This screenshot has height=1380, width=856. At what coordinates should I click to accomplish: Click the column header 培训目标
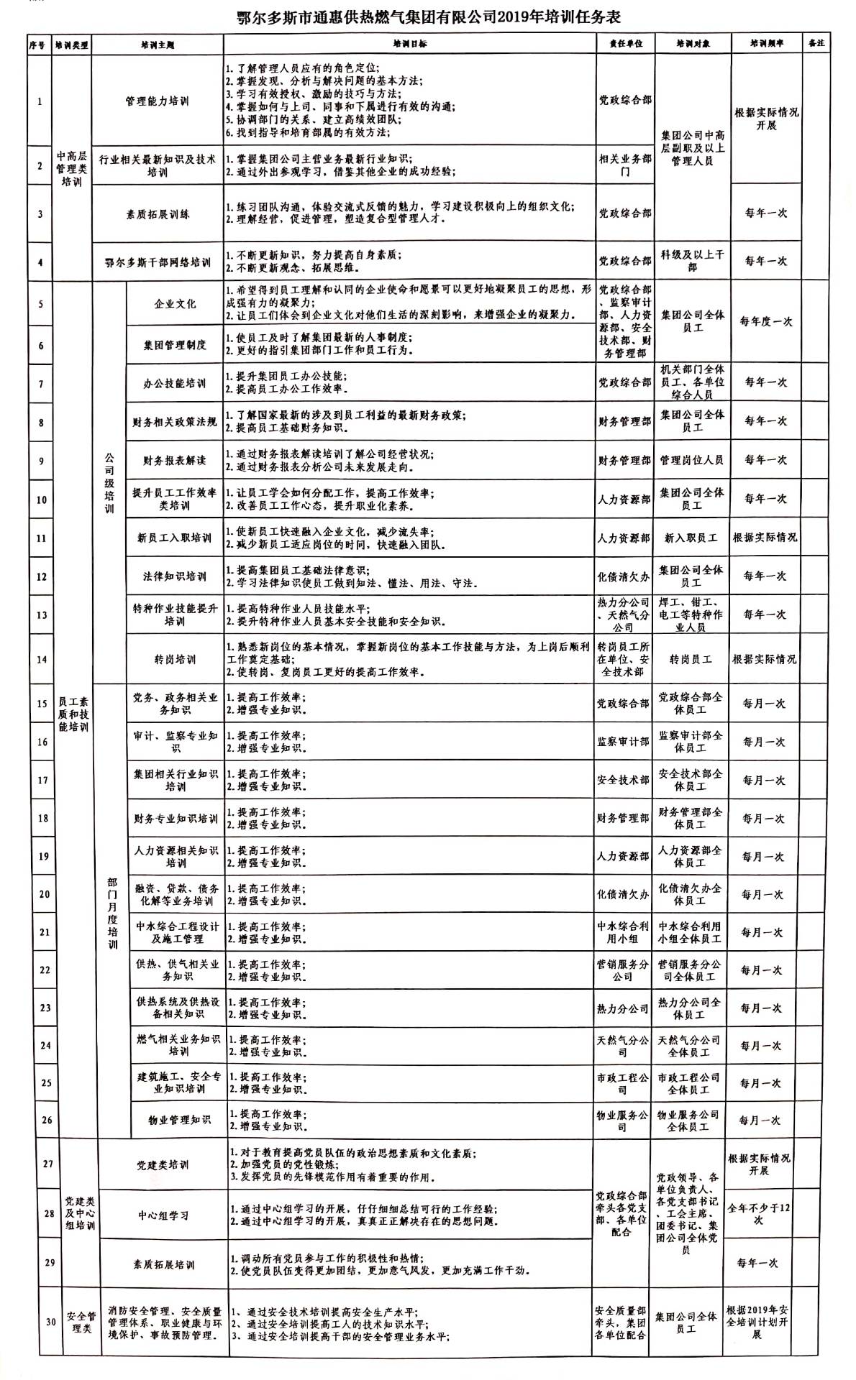pos(409,44)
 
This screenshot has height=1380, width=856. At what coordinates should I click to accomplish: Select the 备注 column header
pos(816,43)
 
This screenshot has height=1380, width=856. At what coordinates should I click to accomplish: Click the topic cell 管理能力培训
pos(157,101)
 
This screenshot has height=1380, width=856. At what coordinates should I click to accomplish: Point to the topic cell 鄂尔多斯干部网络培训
pos(157,262)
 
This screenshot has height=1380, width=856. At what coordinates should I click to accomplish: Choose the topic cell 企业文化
pos(175,304)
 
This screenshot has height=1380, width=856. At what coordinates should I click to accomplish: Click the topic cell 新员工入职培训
pos(175,538)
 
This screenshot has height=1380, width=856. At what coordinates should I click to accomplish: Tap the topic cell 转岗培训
pos(175,659)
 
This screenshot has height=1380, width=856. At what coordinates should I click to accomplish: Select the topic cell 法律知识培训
pos(175,576)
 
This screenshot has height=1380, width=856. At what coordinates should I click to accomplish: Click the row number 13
pos(41,615)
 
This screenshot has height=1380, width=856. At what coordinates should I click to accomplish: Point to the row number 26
pos(46,1121)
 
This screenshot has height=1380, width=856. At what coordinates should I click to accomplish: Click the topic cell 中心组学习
pos(163,1215)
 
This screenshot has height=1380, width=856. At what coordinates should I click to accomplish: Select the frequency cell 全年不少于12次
pos(758,1215)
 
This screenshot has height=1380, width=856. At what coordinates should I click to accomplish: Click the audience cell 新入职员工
pos(691,538)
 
